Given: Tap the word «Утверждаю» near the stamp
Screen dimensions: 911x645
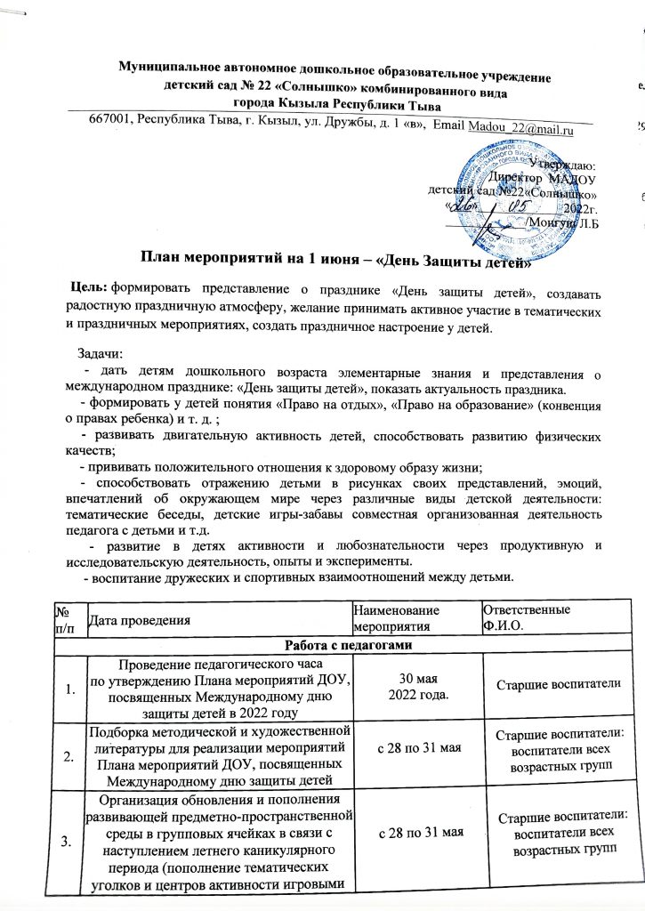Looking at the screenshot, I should [x=567, y=163].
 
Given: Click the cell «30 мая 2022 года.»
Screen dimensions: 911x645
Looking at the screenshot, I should [x=410, y=681].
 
